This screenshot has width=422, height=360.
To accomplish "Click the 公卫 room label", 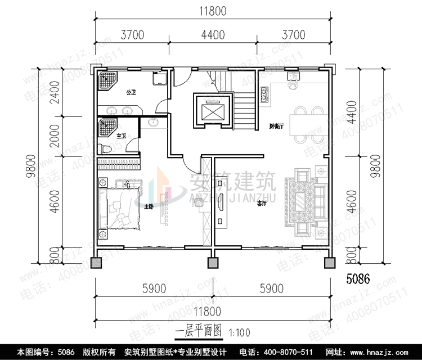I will click(x=131, y=91).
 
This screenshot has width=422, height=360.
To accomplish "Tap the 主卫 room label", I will click(x=120, y=136).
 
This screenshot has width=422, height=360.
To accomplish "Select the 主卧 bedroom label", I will click(x=149, y=206).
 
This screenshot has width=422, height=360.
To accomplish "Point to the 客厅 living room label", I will click(x=262, y=203).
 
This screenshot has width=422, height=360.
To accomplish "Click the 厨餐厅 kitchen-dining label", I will click(x=276, y=127).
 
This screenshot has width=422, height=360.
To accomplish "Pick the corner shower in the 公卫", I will click(x=106, y=82).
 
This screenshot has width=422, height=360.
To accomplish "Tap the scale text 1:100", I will click(x=241, y=332).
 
